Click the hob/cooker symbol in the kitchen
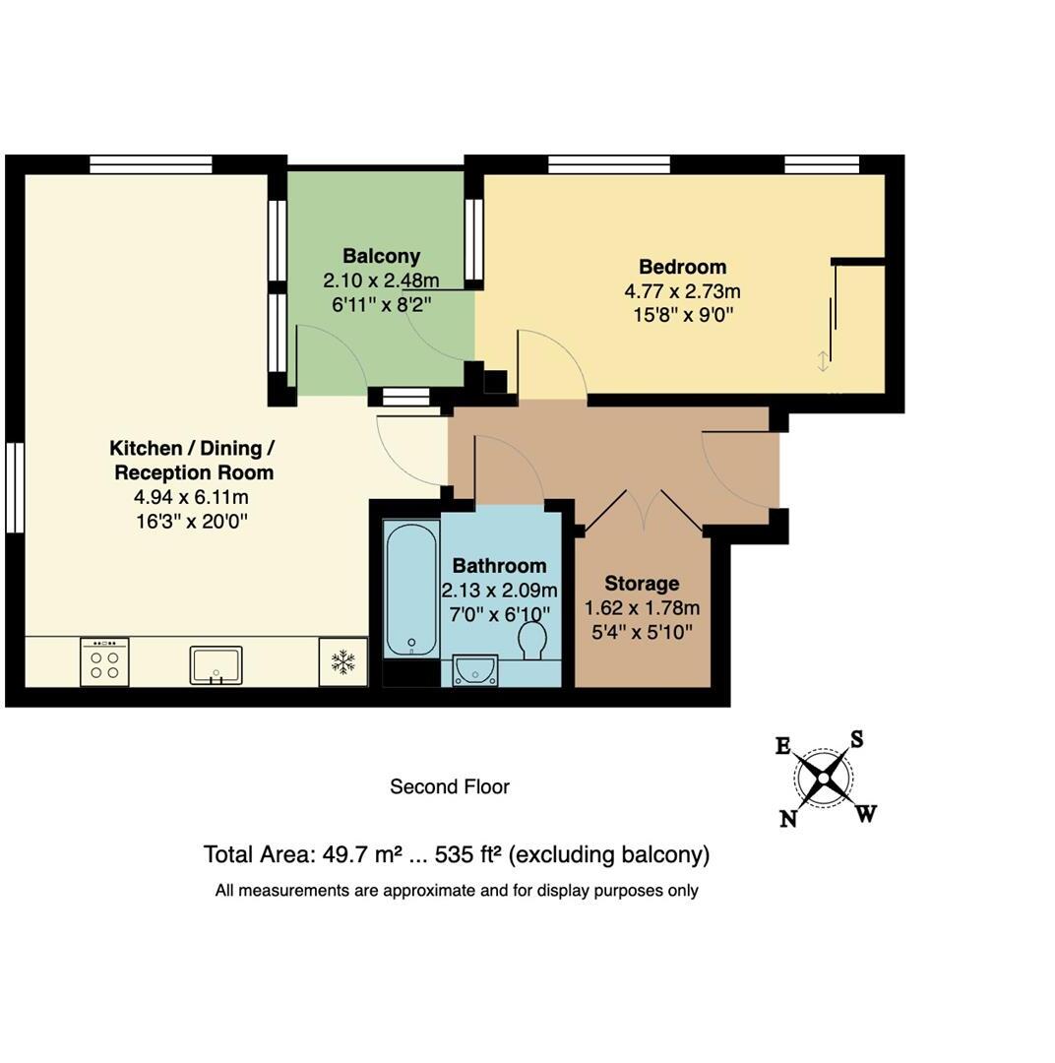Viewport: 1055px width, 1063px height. pyautogui.click(x=104, y=661)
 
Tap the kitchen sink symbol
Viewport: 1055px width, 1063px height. pyautogui.click(x=216, y=664)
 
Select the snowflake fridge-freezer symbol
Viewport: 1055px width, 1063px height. pyautogui.click(x=342, y=661)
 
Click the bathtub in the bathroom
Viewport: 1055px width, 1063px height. pyautogui.click(x=411, y=591)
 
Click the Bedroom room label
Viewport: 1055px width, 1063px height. pyautogui.click(x=682, y=267)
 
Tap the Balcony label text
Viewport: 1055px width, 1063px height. pyautogui.click(x=381, y=257)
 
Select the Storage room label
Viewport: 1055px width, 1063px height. pyautogui.click(x=642, y=584)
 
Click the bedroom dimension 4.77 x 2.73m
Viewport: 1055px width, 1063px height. pyautogui.click(x=682, y=291)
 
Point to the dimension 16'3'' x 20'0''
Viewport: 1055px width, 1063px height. pyautogui.click(x=192, y=521)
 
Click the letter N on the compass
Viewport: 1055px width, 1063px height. pyautogui.click(x=788, y=819)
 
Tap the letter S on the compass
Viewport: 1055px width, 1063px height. pyautogui.click(x=856, y=740)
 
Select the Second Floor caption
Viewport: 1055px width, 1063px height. pyautogui.click(x=450, y=786)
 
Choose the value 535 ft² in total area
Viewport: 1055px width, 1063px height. pyautogui.click(x=467, y=854)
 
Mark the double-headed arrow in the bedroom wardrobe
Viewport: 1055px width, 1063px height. pyautogui.click(x=823, y=361)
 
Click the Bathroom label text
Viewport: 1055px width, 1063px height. pyautogui.click(x=499, y=566)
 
